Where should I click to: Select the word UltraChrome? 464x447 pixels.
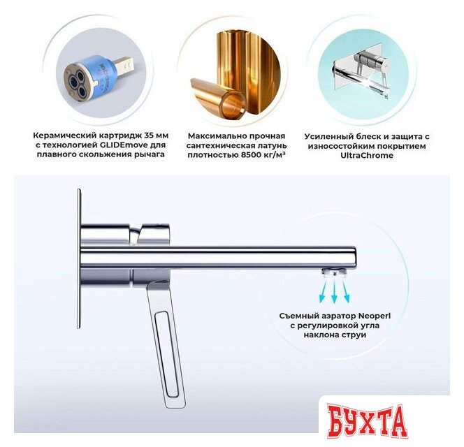pos(367,156)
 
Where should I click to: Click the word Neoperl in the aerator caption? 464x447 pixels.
pos(375,316)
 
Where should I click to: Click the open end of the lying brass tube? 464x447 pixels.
pos(233,105)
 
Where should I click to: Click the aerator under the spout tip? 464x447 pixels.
pos(335,271)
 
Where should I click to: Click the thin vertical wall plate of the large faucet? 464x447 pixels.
pos(79,258)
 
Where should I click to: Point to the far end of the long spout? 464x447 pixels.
pos(355,257)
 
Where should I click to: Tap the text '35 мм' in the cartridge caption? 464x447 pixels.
pos(157,135)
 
